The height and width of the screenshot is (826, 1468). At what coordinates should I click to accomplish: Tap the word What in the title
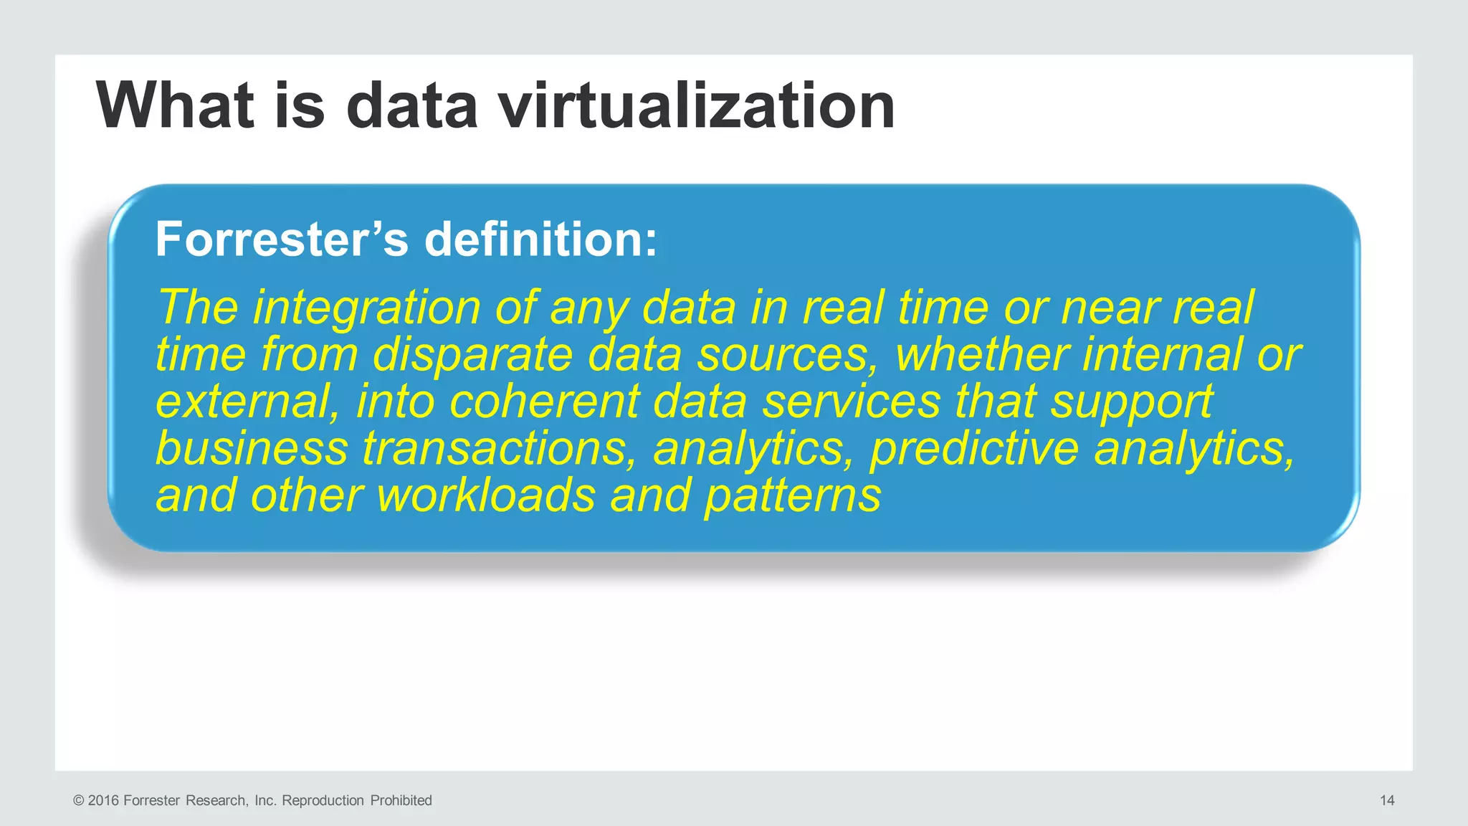tap(176, 105)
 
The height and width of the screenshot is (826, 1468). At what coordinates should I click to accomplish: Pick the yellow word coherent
tap(544, 402)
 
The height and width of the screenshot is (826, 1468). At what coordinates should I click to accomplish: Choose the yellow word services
tap(851, 402)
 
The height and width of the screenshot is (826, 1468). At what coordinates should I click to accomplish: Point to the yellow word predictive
tap(974, 449)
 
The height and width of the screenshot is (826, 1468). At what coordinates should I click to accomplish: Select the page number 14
tap(1387, 800)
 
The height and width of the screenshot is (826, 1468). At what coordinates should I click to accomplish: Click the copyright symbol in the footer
tap(78, 800)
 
